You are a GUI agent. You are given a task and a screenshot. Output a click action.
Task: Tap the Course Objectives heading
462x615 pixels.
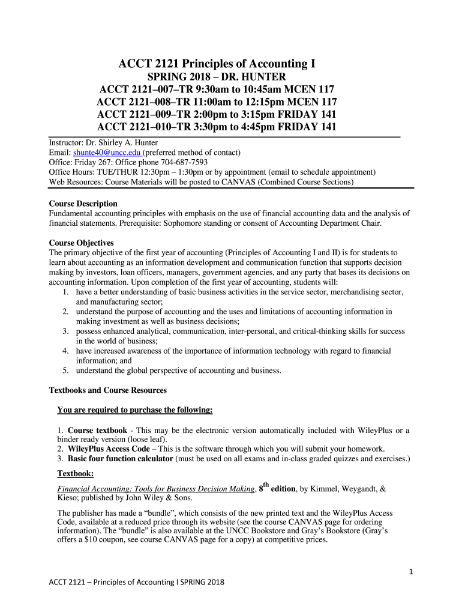click(81, 243)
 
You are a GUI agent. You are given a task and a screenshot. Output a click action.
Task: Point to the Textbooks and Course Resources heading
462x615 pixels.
click(107, 390)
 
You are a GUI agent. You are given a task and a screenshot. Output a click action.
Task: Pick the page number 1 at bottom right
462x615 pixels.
click(411, 572)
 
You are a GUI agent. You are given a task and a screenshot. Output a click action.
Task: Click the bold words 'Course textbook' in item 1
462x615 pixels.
click(97, 430)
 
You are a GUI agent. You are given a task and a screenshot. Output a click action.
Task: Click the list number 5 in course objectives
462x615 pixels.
click(65, 371)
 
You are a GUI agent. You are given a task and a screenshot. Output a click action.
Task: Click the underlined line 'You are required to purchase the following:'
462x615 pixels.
click(135, 410)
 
